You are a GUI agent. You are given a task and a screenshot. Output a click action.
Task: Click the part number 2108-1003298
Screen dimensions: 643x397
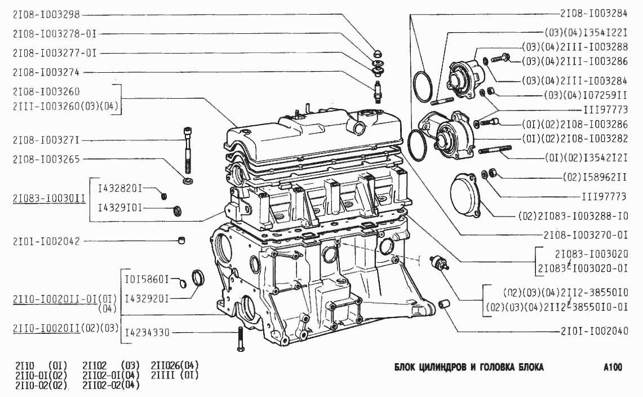tap(46, 15)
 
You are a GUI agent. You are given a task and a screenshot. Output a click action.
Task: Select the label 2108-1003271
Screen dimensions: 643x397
tap(46, 140)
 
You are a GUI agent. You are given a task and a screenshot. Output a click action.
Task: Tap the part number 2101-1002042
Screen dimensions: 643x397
tap(46, 241)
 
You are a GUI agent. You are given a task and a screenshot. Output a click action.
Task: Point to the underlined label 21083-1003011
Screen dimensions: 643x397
tap(49, 199)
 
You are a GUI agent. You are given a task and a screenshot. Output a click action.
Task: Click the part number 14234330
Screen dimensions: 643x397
tap(147, 332)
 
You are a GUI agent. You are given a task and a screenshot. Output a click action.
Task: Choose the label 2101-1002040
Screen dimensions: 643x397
tap(594, 330)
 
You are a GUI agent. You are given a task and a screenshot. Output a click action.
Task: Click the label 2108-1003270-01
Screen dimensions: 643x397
tap(586, 235)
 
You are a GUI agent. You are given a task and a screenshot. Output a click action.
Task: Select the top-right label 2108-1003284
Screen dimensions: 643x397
tap(594, 14)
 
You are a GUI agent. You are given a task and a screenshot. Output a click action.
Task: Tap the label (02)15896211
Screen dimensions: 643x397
tap(595, 177)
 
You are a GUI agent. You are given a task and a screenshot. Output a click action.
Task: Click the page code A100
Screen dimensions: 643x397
tap(613, 367)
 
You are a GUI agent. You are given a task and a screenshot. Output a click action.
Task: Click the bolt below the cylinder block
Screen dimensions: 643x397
tap(241, 339)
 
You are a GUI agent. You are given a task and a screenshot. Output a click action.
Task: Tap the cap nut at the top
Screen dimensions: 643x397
tap(378, 54)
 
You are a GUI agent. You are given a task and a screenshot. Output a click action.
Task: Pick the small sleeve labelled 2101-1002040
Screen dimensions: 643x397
tap(444, 305)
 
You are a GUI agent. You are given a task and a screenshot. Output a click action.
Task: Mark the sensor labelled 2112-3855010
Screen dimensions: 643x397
tap(439, 263)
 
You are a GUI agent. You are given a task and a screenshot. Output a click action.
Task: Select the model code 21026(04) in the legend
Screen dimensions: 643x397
tap(175, 365)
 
